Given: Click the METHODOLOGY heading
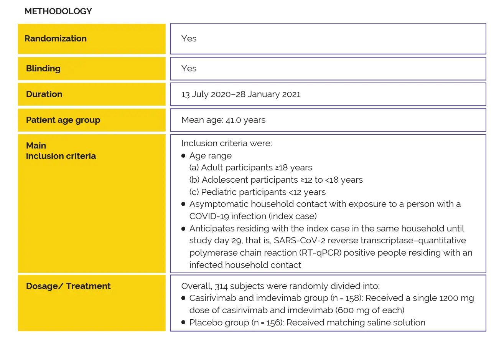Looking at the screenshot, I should [x=58, y=12].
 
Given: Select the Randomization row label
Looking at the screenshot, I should [x=56, y=39].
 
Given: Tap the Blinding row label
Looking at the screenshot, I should [x=43, y=69].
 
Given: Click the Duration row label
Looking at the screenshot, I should [x=44, y=94].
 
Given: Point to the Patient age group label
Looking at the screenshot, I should [x=63, y=120].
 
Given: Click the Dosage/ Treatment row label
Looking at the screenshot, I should [x=68, y=286].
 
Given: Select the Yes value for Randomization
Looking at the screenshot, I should [x=189, y=39].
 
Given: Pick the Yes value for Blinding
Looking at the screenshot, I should [x=189, y=69].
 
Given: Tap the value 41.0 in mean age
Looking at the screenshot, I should [x=233, y=120].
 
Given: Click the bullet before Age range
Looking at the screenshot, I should [x=183, y=156].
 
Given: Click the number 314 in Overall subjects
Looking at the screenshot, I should [x=221, y=286].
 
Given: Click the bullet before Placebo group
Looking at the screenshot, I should [x=183, y=323].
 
